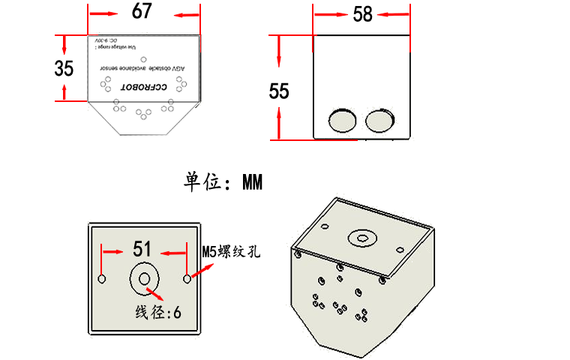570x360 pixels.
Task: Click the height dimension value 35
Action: [x=64, y=68]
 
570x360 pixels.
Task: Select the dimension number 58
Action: [x=362, y=13]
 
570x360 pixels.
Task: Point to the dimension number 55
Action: [x=279, y=91]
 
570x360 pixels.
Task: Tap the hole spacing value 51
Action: [x=143, y=249]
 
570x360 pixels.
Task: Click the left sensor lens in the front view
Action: [x=343, y=120]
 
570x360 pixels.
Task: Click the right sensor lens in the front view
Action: [x=379, y=120]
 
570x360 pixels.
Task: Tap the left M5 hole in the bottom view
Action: [x=103, y=279]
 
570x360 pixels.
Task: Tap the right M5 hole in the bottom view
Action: [x=187, y=279]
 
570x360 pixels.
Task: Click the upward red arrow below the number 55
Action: [x=279, y=123]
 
